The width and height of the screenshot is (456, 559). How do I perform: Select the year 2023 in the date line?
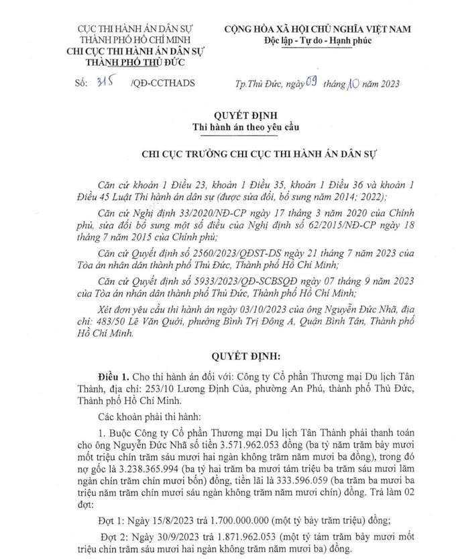point(388,84)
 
